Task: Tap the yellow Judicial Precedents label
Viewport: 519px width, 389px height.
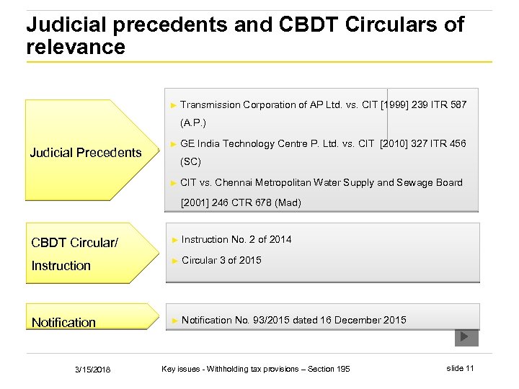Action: click(x=86, y=152)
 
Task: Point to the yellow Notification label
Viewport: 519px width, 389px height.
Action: click(x=63, y=323)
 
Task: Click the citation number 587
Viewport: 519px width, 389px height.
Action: click(x=458, y=104)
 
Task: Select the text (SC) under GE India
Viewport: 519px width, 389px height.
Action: click(x=190, y=161)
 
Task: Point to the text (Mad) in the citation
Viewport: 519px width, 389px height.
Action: click(x=286, y=202)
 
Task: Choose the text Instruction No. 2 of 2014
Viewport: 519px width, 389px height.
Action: click(x=236, y=239)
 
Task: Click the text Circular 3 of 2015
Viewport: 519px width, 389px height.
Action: click(x=221, y=260)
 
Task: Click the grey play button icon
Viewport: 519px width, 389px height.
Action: click(x=466, y=336)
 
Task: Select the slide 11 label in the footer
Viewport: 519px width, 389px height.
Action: click(x=460, y=369)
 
